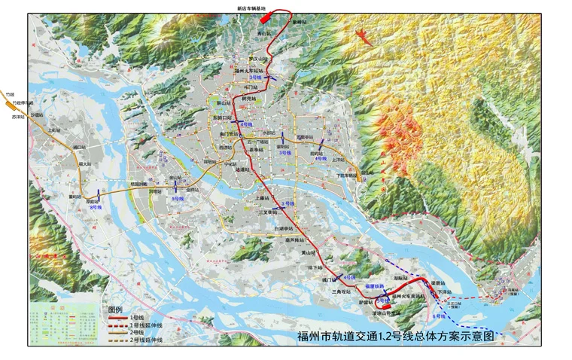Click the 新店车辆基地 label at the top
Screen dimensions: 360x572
click(x=251, y=8)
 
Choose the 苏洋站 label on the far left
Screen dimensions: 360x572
click(x=18, y=117)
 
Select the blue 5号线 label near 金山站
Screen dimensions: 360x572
click(x=178, y=198)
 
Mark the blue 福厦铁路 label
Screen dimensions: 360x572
click(x=375, y=286)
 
